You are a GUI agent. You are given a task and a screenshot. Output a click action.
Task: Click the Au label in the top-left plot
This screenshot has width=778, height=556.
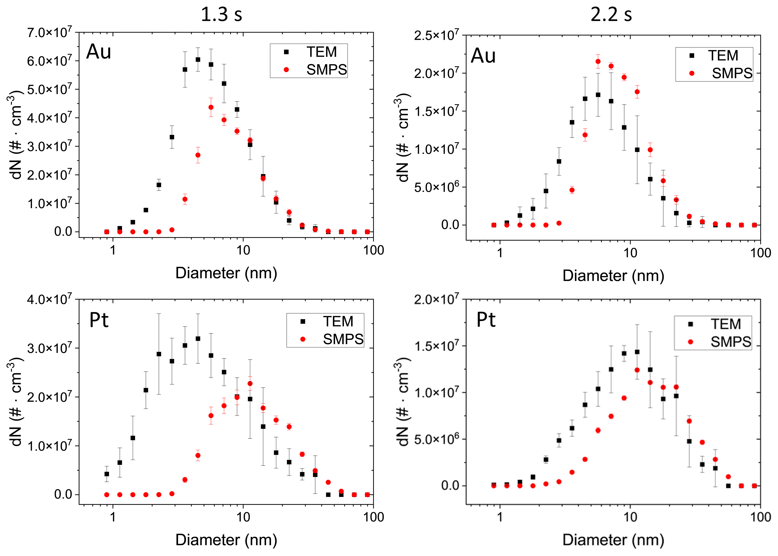[x=99, y=52]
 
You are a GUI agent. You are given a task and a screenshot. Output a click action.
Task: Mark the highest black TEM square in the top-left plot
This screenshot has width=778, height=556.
[x=198, y=60]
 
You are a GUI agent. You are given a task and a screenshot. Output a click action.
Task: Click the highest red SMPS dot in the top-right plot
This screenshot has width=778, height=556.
[x=598, y=62]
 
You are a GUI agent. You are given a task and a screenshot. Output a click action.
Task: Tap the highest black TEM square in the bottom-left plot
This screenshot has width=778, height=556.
[x=198, y=339]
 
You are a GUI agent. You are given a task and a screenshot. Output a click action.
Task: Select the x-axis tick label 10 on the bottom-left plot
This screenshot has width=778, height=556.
[x=243, y=517]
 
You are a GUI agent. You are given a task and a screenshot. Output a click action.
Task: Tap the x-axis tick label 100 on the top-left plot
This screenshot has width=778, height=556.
[x=373, y=250]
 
